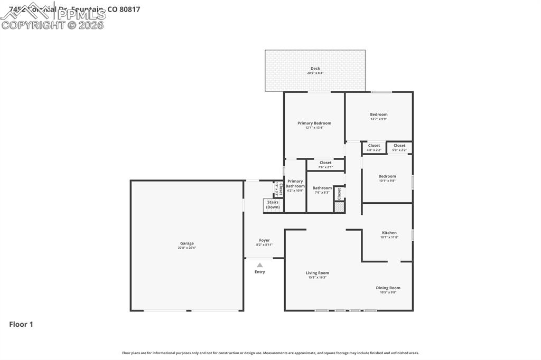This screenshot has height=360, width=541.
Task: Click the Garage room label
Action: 187,243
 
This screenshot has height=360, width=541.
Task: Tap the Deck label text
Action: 315,69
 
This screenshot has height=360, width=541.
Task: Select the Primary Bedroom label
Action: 314,123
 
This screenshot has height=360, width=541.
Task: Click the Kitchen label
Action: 389,233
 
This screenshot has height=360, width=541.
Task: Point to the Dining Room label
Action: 388,288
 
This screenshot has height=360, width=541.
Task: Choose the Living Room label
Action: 317,273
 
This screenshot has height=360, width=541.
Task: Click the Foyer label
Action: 264,240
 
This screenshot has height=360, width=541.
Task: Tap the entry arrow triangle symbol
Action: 259,265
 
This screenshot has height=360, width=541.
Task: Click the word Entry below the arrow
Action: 260,272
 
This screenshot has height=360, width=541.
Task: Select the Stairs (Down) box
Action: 273,205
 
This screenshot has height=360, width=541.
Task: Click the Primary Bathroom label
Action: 295,183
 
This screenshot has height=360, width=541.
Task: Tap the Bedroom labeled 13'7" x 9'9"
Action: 378,115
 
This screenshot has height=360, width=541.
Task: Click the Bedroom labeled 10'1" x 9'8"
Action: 387,176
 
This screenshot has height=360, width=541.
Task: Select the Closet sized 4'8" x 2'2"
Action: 374,146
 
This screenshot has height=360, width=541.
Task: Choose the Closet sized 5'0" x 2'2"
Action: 399,146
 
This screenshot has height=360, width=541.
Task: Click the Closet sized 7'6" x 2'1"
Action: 325,163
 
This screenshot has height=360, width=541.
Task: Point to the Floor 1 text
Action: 21,325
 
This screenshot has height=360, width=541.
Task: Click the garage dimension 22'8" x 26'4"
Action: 187,248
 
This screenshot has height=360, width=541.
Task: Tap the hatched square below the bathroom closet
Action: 339,207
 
